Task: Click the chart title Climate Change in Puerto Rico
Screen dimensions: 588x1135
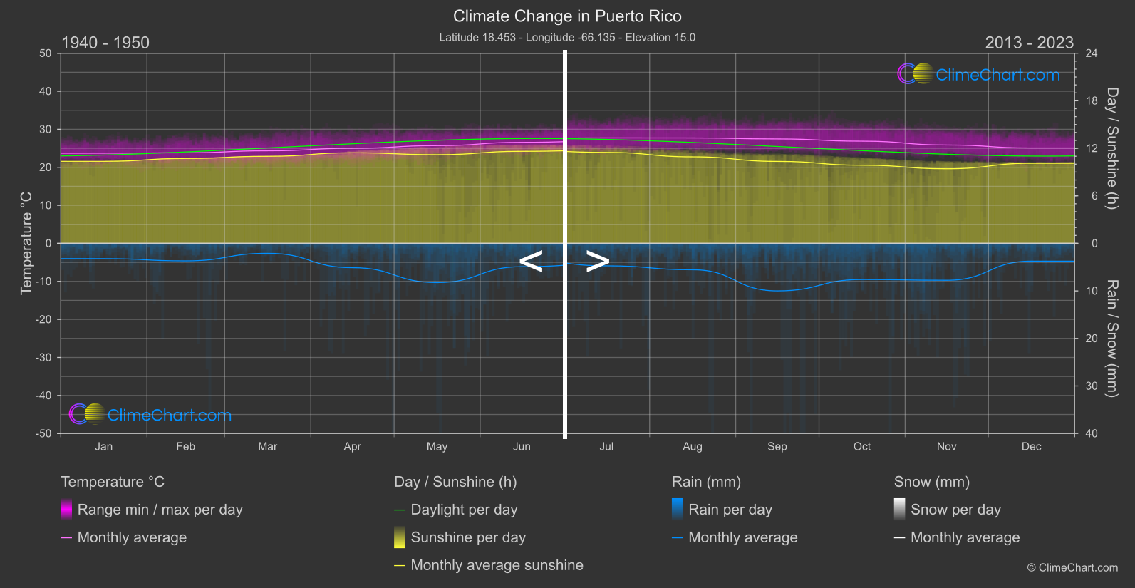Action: (x=567, y=16)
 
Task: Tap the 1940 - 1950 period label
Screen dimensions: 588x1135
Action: (x=105, y=43)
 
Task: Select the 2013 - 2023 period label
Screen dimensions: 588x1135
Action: (x=1029, y=43)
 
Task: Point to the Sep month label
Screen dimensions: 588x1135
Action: (x=777, y=447)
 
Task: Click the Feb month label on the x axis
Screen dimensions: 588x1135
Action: (x=185, y=447)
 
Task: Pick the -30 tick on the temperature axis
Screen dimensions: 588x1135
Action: (x=43, y=358)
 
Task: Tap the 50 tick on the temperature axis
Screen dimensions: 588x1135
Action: (x=46, y=53)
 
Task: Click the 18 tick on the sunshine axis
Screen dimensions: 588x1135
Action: (x=1092, y=101)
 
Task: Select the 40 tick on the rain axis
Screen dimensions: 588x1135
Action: (x=1092, y=433)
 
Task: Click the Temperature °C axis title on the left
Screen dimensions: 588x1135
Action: (x=26, y=242)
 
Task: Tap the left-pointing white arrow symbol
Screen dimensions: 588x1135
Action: (x=531, y=261)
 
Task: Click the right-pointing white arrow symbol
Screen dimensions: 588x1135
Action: (x=598, y=261)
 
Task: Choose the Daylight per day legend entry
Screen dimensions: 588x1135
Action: (x=464, y=510)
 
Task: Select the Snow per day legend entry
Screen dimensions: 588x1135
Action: (x=955, y=510)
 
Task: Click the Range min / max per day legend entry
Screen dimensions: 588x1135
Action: (x=160, y=510)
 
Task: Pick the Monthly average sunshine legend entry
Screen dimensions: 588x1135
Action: (x=497, y=565)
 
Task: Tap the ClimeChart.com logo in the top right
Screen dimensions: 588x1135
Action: (x=979, y=74)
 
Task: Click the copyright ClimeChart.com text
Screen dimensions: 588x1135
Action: (x=1072, y=568)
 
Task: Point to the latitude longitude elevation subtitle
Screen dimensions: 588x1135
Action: (x=567, y=38)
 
